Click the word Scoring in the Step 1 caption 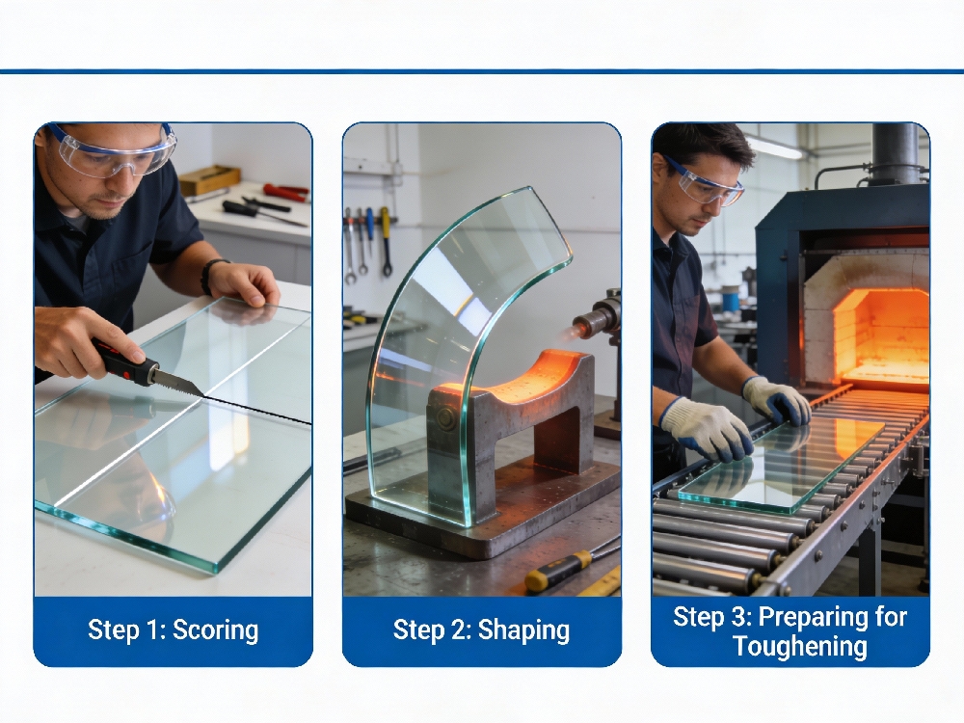(216, 630)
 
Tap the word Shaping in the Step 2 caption (523, 630)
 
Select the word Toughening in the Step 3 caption (800, 647)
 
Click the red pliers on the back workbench (286, 193)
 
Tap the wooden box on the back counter (209, 179)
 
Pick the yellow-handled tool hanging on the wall (386, 240)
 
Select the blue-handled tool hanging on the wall (370, 228)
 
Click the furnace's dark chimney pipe (895, 153)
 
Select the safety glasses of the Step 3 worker (703, 184)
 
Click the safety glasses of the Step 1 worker (114, 152)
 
